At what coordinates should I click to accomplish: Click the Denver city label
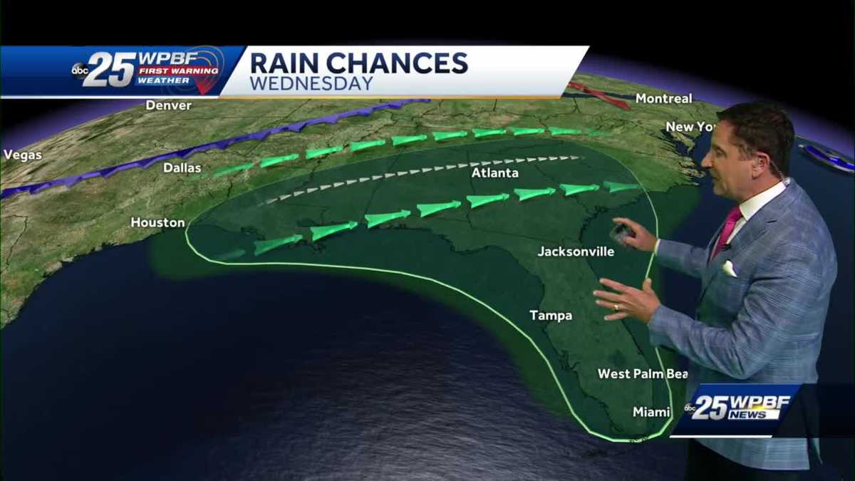(x=169, y=105)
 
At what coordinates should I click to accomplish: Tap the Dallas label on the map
(x=182, y=169)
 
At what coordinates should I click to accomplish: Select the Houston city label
(x=157, y=223)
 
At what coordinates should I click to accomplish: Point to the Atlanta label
(x=494, y=173)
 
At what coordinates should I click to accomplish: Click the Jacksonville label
(x=576, y=252)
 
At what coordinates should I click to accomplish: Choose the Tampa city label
(x=551, y=316)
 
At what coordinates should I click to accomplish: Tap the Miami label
(x=651, y=412)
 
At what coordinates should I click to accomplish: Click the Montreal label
(x=663, y=99)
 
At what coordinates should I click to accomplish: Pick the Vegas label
(x=22, y=155)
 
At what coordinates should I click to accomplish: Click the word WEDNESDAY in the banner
(x=311, y=83)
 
